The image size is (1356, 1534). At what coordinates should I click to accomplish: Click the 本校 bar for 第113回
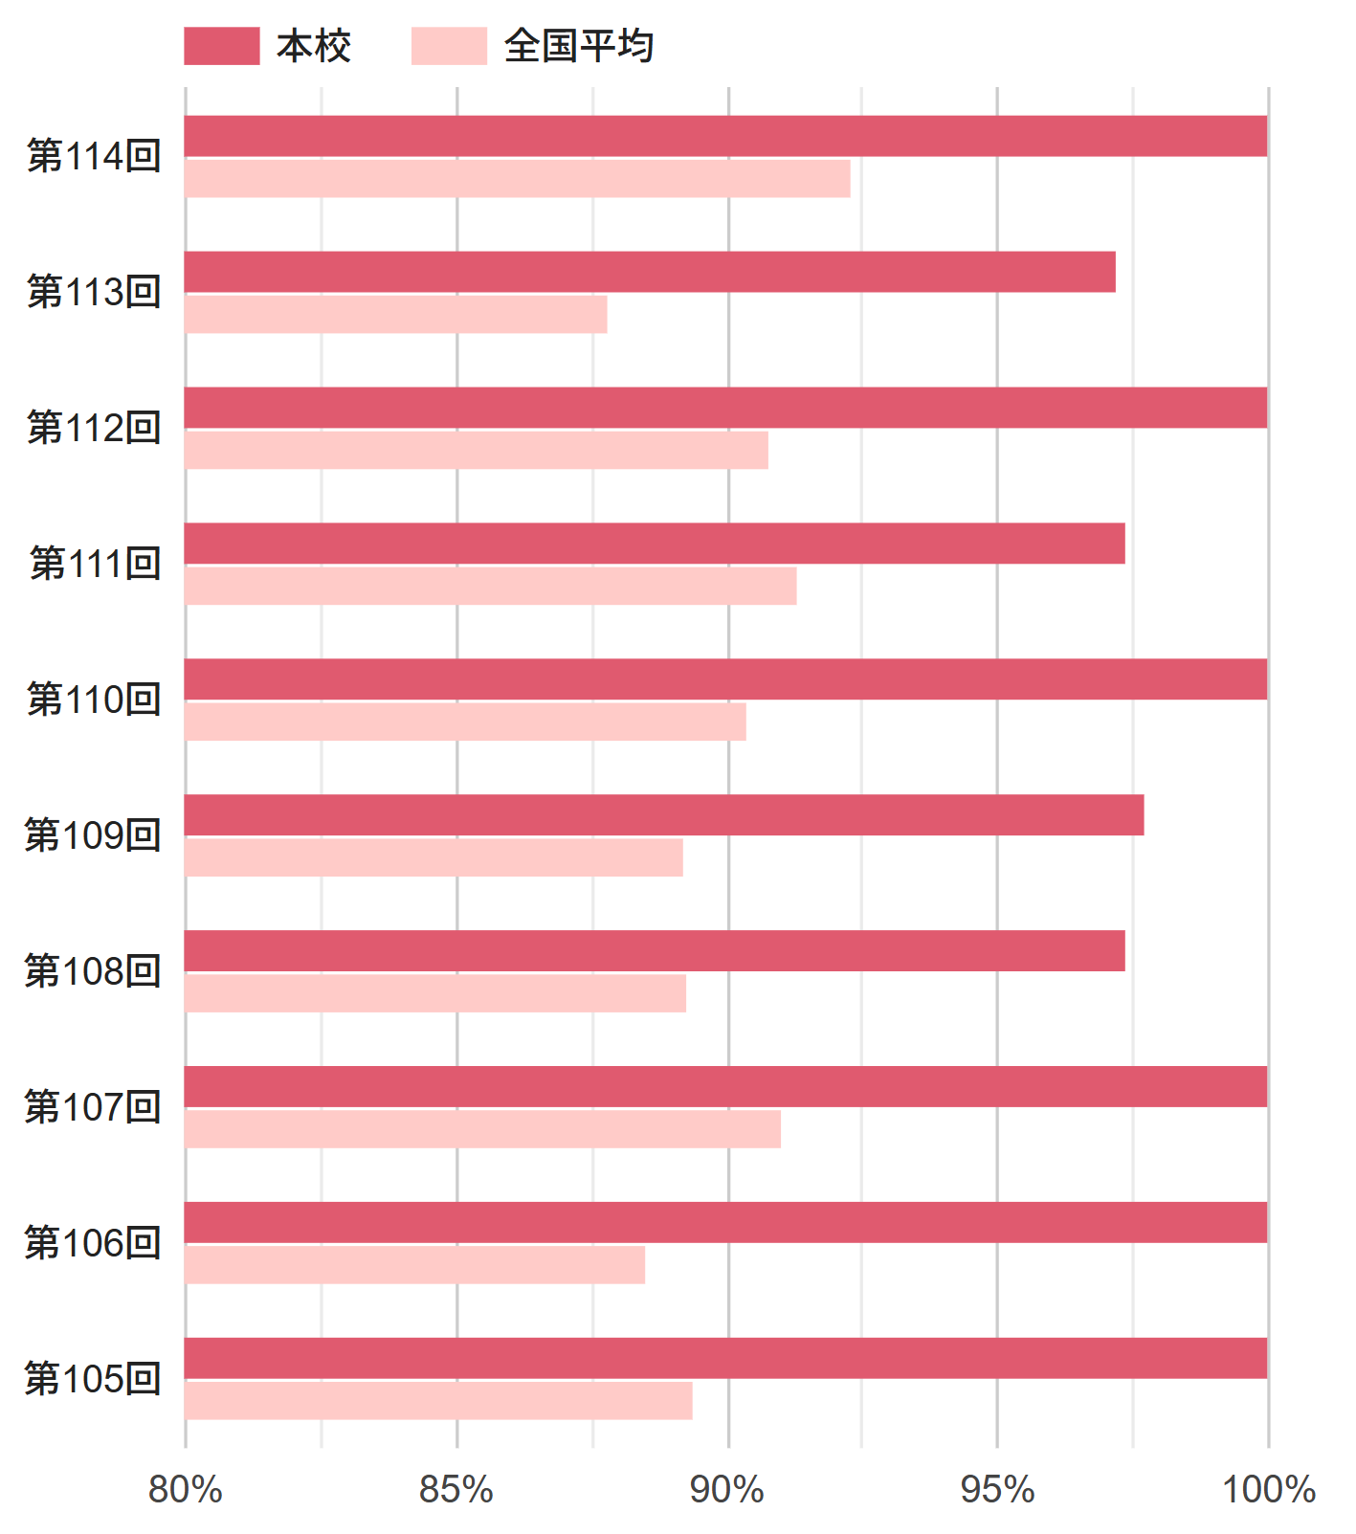650,272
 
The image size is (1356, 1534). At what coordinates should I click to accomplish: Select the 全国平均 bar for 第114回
517,179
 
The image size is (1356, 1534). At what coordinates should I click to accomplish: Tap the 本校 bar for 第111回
655,544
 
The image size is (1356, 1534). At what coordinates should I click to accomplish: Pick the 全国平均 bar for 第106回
414,1265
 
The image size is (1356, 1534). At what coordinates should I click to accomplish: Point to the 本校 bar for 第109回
664,815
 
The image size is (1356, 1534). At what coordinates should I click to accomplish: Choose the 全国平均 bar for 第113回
395,315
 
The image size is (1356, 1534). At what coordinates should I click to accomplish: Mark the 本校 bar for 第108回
655,951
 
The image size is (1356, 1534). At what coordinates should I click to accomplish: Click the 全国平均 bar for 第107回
482,1129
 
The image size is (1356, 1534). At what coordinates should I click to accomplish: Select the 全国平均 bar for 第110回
465,722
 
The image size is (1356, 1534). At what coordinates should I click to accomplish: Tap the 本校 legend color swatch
221,46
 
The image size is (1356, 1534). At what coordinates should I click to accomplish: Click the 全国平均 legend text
579,46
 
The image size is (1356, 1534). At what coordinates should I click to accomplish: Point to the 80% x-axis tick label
185,1490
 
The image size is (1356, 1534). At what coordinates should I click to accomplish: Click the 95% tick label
997,1490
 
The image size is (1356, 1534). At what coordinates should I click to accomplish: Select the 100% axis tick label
1268,1490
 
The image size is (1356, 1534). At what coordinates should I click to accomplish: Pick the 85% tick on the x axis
456,1490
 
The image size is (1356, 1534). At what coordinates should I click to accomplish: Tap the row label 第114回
94,156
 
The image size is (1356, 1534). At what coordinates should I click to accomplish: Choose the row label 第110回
94,700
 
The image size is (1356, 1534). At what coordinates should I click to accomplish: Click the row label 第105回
93,1379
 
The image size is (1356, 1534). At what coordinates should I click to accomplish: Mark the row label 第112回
94,428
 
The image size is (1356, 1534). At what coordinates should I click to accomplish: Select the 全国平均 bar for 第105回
438,1401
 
